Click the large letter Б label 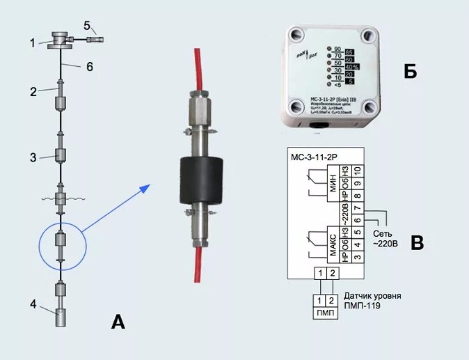tap(411, 71)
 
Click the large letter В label tap(417, 242)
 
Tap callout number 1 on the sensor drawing tap(32, 42)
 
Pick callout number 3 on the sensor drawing tap(32, 157)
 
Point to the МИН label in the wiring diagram tap(333, 185)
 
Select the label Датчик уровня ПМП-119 tap(373, 301)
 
